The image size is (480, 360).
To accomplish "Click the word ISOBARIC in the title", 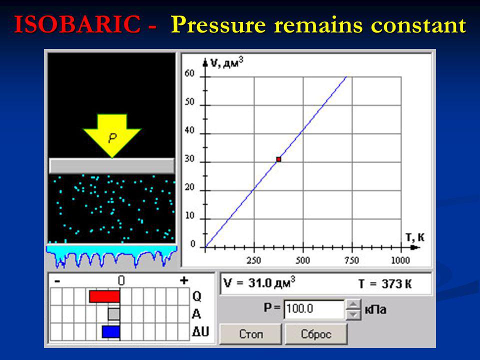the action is point(77,24).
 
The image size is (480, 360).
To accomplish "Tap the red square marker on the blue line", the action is point(278,159).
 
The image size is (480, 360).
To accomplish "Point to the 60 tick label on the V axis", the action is point(189,73).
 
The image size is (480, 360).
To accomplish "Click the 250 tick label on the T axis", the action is point(254,260).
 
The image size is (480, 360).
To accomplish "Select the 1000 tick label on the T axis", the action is point(400,260).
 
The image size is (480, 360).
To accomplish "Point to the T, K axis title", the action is point(415,237).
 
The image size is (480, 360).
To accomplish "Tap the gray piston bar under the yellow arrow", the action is point(111,165).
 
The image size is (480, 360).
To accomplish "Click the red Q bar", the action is point(104,296).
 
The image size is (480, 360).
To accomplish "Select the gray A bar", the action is point(114,314).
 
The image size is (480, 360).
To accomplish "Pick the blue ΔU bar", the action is point(111,332).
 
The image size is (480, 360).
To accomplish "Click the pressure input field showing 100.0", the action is point(314,309).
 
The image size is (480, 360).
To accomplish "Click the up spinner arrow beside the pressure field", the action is point(353,304).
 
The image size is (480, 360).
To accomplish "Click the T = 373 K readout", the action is point(385,284).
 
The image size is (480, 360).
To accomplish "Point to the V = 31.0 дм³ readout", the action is point(259,282).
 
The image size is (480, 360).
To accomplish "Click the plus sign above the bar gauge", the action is point(184,280).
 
